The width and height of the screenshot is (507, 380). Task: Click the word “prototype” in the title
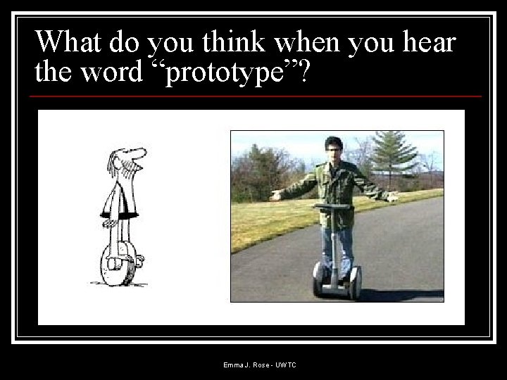229,72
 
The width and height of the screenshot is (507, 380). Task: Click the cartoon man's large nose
138,153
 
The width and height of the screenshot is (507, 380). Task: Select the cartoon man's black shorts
119,210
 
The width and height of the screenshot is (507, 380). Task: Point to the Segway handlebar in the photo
332,206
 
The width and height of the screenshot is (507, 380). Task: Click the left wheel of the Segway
319,279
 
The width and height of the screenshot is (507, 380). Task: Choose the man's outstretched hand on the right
392,197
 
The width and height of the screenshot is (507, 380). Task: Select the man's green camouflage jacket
332,186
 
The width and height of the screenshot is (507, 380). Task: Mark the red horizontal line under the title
258,96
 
